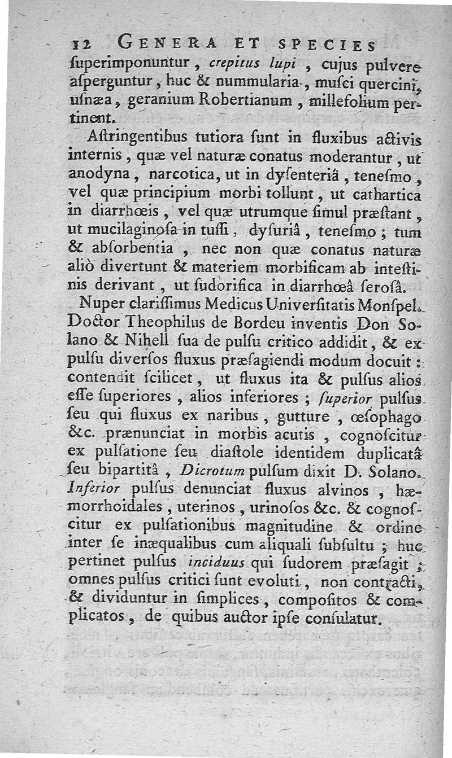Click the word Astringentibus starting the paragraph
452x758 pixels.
(138, 141)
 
